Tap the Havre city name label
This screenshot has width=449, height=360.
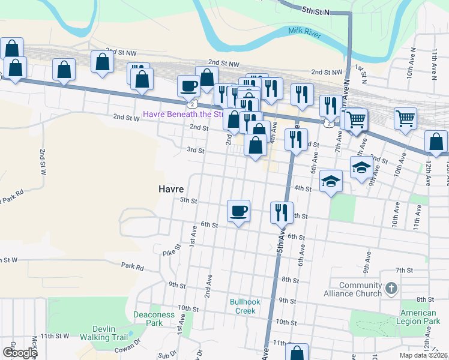pyautogui.click(x=170, y=188)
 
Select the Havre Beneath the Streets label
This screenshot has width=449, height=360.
pyautogui.click(x=183, y=114)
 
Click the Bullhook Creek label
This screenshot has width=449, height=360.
pyautogui.click(x=245, y=306)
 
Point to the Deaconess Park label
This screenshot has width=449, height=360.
pyautogui.click(x=154, y=319)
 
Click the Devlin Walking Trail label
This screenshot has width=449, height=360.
pyautogui.click(x=110, y=332)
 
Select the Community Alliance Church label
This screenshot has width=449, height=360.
pyautogui.click(x=360, y=289)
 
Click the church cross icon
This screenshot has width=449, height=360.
pyautogui.click(x=391, y=289)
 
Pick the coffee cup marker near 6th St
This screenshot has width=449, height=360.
pyautogui.click(x=239, y=211)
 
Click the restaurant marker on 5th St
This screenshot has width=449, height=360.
pyautogui.click(x=280, y=212)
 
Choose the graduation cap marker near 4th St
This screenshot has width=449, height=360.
pyautogui.click(x=330, y=181)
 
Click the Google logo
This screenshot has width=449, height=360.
pyautogui.click(x=20, y=353)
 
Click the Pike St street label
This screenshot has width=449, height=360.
pyautogui.click(x=172, y=250)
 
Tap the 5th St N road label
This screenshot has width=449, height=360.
pyautogui.click(x=317, y=10)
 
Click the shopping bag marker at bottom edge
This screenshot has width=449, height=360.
pyautogui.click(x=297, y=353)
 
